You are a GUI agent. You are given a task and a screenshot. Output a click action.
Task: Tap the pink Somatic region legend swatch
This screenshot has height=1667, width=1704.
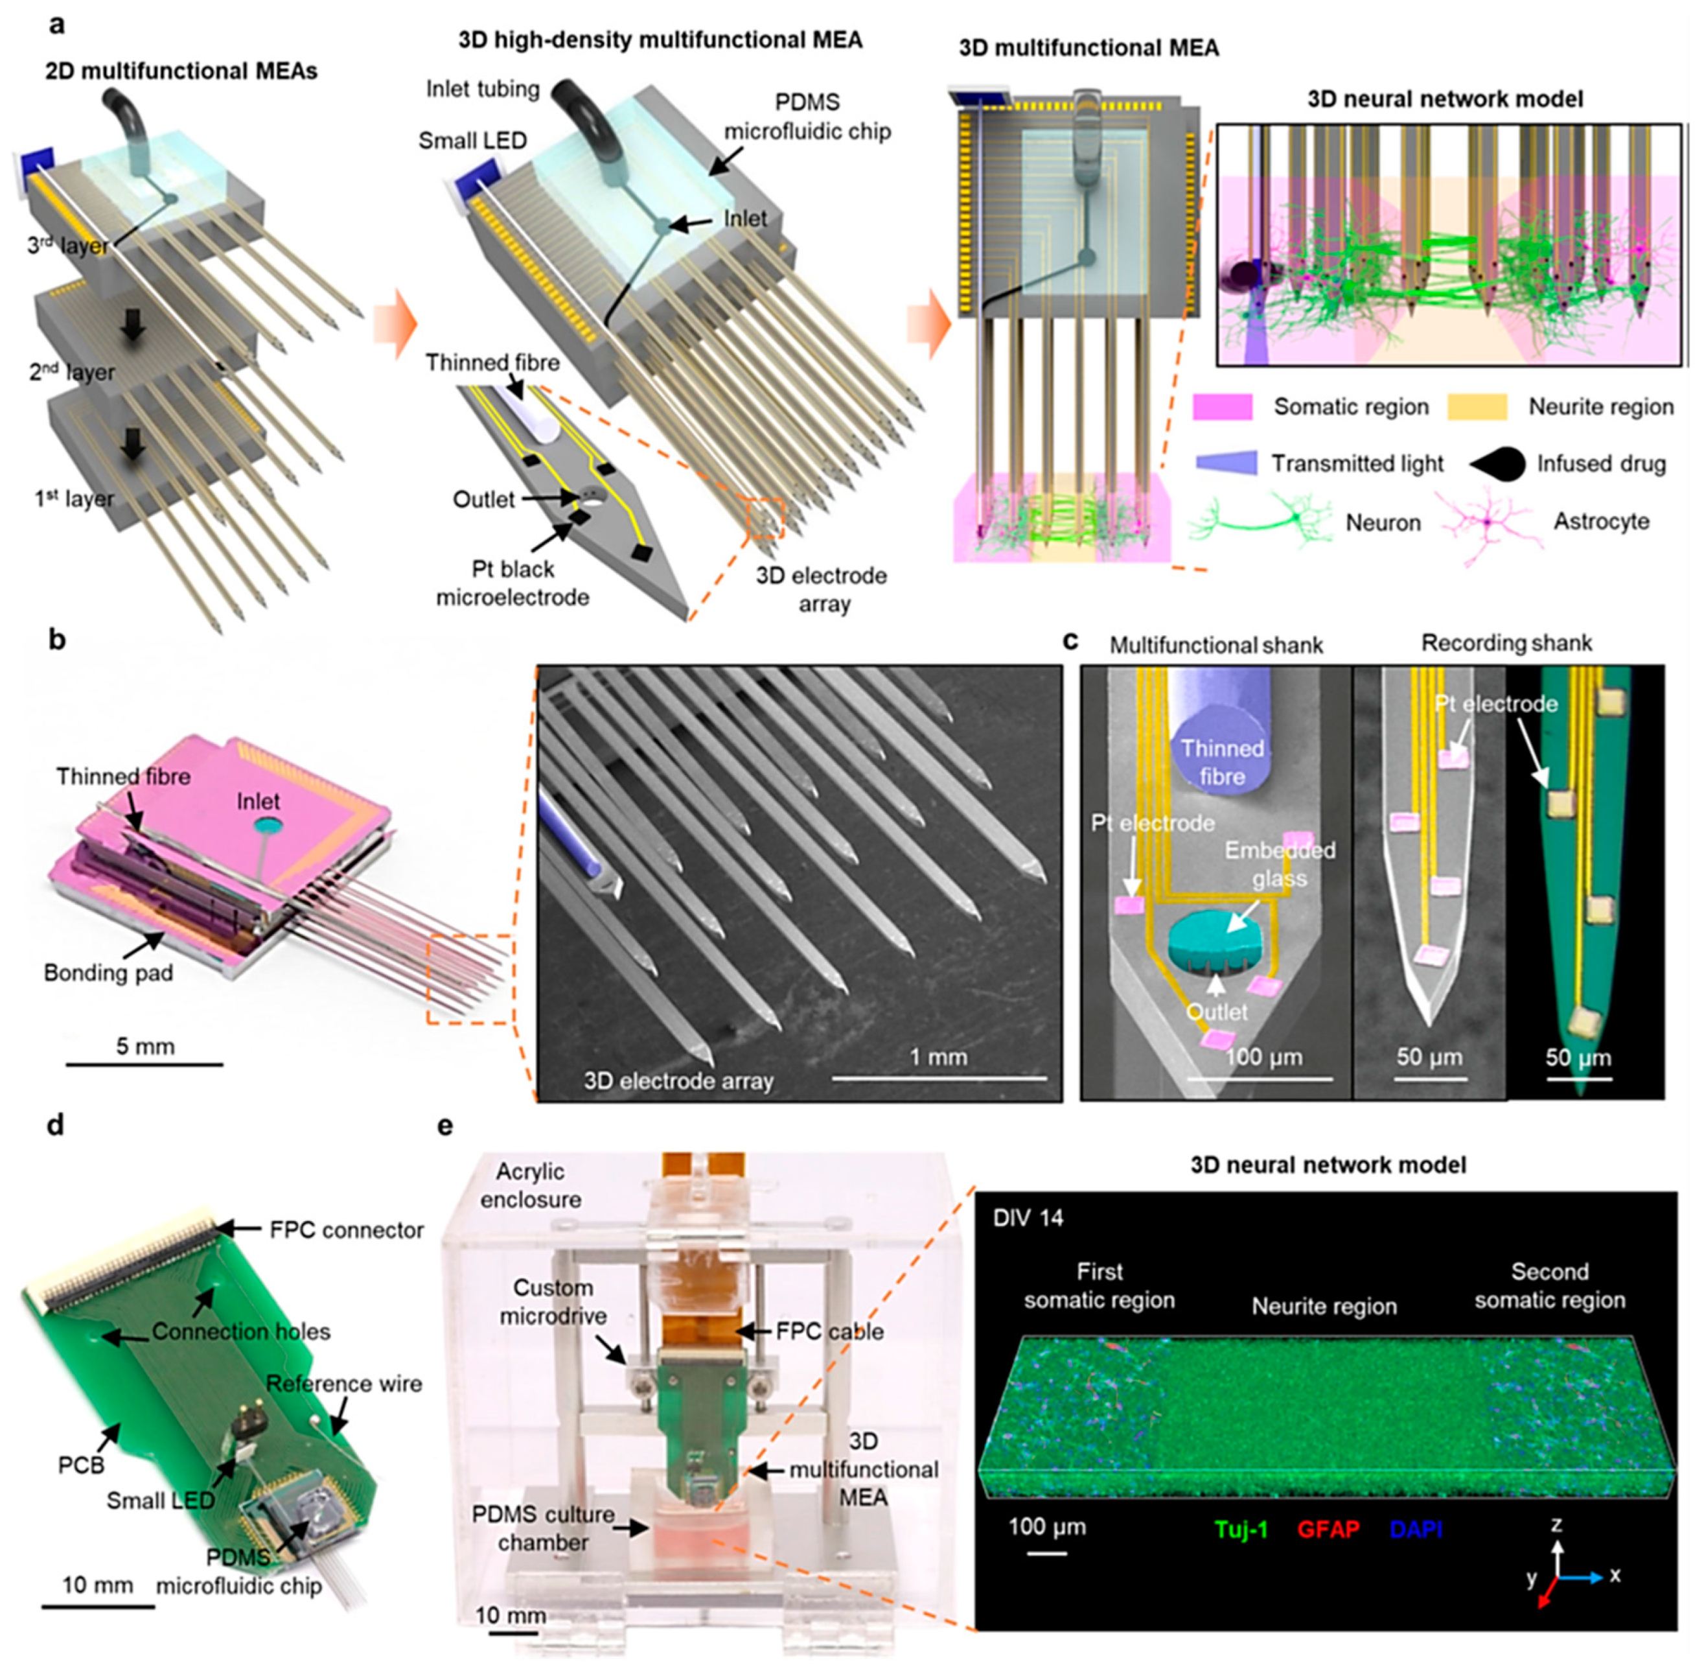click(x=1222, y=406)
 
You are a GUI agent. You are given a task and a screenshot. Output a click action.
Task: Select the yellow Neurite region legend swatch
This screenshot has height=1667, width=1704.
click(x=1477, y=406)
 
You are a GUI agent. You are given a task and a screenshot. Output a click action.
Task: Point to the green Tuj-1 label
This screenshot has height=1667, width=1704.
click(x=1241, y=1530)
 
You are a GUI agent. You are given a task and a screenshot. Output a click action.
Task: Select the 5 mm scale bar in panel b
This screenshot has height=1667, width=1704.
click(x=144, y=1064)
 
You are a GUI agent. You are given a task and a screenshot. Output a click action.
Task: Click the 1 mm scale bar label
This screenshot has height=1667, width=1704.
click(x=938, y=1056)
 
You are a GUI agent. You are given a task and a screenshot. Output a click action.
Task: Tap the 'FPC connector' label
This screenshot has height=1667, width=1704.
click(x=347, y=1230)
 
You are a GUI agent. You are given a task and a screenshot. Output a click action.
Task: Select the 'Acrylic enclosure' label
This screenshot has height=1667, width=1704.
click(x=531, y=1185)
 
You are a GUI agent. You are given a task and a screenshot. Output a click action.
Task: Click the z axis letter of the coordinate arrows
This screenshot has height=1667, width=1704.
click(x=1556, y=1524)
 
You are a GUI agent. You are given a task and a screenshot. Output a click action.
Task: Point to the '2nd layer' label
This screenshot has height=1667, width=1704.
click(x=72, y=372)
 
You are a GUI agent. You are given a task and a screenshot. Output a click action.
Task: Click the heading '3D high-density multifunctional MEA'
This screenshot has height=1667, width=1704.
click(x=660, y=40)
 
